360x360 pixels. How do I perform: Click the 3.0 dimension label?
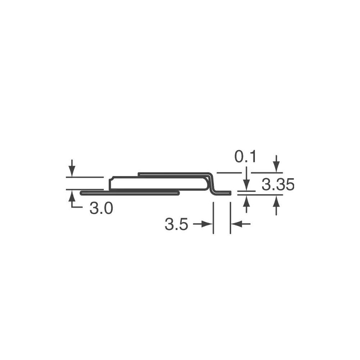click(101, 208)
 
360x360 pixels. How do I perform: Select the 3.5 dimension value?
click(176, 224)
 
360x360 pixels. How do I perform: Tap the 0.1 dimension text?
click(245, 157)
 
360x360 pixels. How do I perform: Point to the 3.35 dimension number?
click(278, 185)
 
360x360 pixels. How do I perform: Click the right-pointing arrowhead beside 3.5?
click(207, 224)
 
